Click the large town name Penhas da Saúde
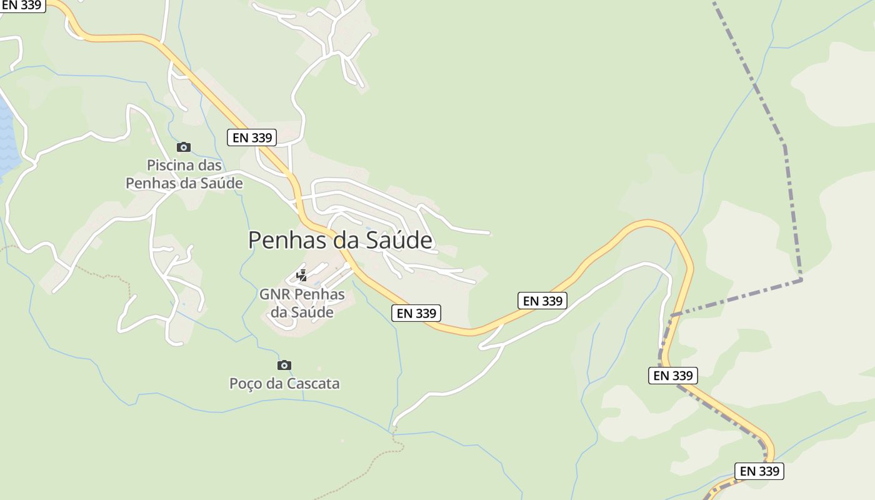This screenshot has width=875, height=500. point(340,240)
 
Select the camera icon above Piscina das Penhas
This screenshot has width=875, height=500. point(183,147)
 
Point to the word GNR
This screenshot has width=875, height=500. point(274,294)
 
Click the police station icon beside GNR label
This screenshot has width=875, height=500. point(302,275)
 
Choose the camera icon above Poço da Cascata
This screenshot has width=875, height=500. point(284,365)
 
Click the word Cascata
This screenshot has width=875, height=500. point(312,383)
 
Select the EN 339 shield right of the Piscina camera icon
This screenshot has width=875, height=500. point(252,137)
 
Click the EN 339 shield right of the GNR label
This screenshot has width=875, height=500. point(416,313)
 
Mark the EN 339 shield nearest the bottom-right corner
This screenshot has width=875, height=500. point(759,471)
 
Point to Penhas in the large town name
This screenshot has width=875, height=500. point(284,240)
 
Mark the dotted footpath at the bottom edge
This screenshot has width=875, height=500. point(362,475)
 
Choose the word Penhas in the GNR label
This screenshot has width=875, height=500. point(319,294)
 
